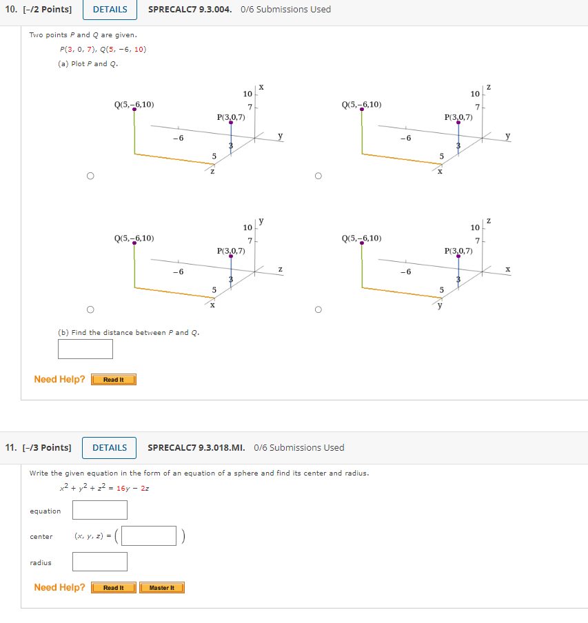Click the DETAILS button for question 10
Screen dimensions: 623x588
point(110,10)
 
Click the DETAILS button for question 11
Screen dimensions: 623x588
point(110,448)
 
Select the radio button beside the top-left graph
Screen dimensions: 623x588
point(90,176)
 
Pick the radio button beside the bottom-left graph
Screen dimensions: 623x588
point(90,309)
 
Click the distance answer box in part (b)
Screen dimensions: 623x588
point(85,349)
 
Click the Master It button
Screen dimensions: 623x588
point(161,588)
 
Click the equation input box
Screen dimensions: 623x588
point(100,510)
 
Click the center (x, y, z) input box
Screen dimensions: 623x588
point(150,536)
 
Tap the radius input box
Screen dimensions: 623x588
point(100,562)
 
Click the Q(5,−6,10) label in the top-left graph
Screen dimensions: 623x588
point(134,105)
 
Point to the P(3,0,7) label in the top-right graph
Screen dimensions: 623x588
point(458,117)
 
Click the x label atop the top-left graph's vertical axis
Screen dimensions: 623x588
point(262,87)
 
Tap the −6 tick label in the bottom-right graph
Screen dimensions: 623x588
point(406,272)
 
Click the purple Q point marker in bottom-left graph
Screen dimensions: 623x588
point(134,243)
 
